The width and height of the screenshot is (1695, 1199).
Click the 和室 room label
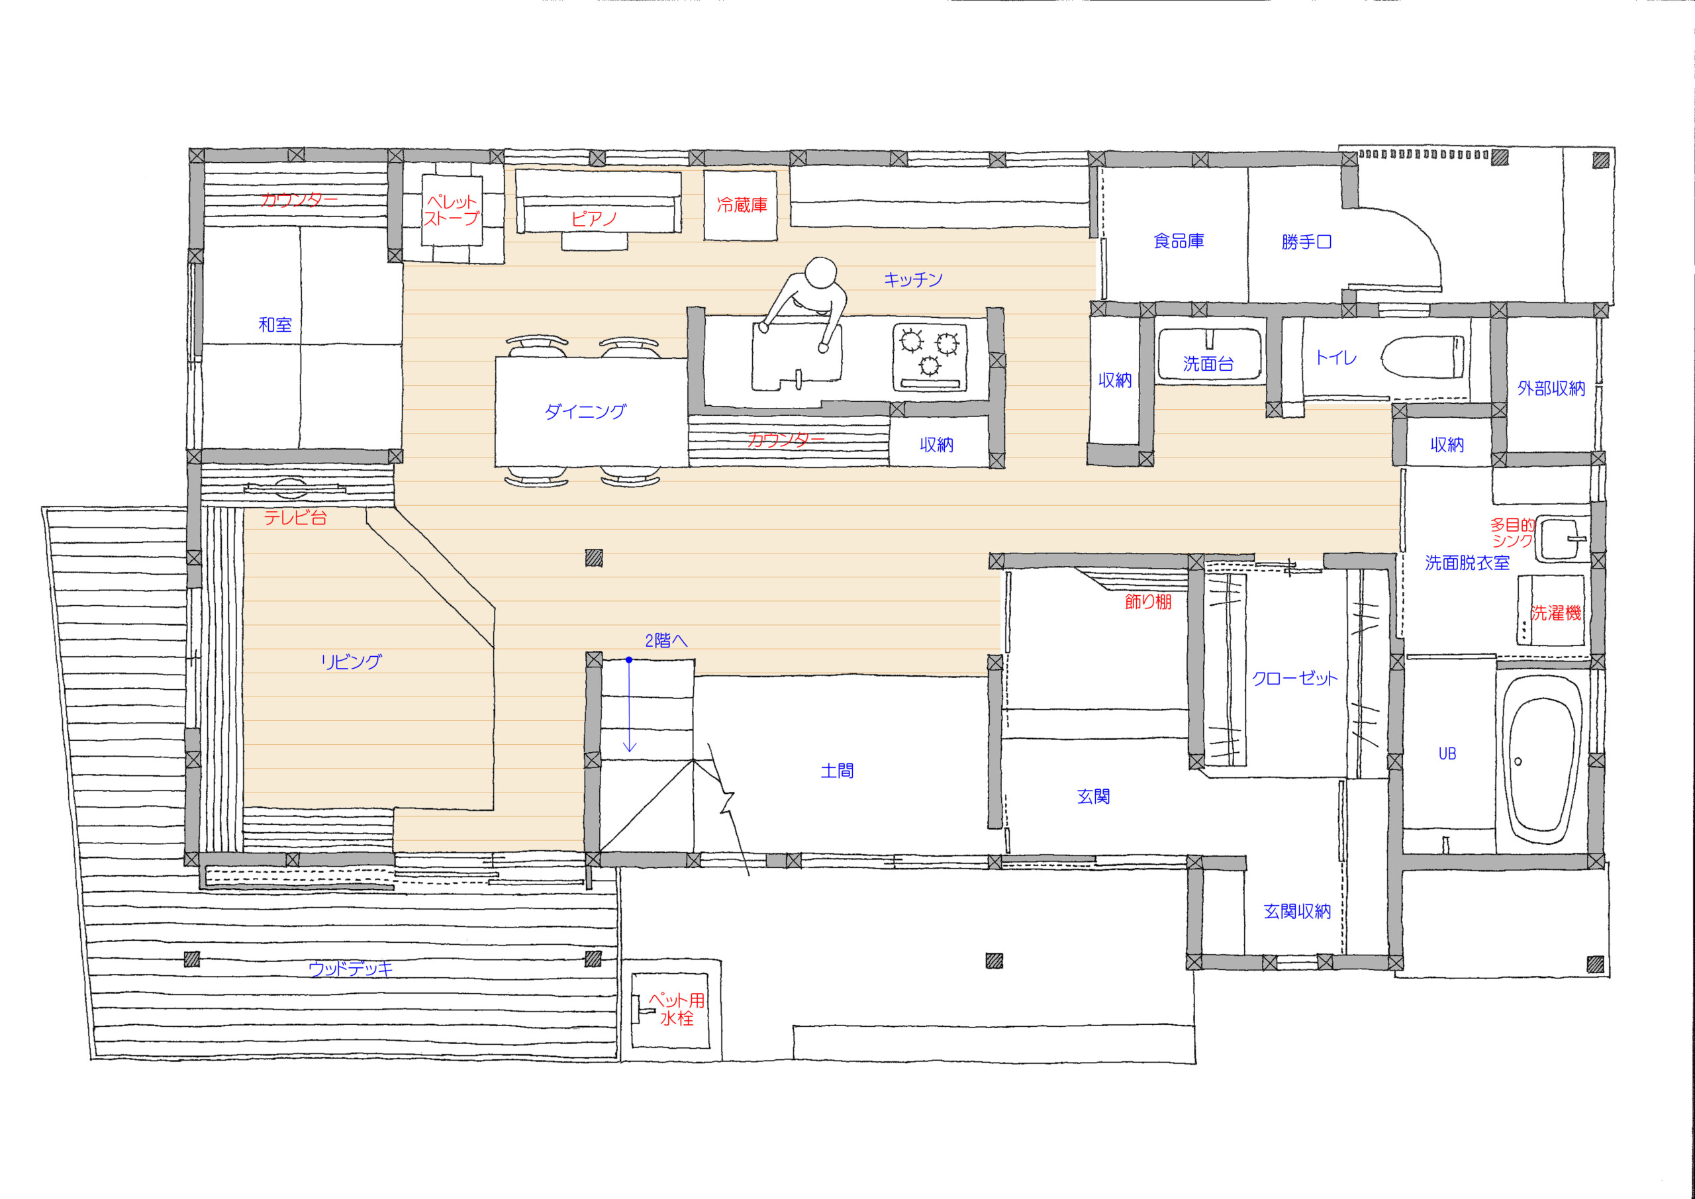coord(275,325)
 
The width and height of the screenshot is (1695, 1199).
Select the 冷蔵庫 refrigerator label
coord(742,205)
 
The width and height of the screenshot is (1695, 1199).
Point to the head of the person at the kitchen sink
coord(820,274)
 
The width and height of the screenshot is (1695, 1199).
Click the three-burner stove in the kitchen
coord(930,357)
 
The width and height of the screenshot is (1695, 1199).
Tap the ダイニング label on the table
coord(585,411)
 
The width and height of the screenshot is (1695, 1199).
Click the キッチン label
coord(913,279)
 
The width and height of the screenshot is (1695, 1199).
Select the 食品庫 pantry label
coord(1179,241)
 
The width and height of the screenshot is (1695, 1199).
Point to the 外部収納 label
coord(1551,389)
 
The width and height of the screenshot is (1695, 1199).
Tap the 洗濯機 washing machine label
coord(1555,613)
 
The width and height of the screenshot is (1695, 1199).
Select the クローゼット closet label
coord(1295,679)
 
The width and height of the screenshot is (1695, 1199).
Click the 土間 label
coord(837,771)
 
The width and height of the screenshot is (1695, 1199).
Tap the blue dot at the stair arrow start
coord(628,659)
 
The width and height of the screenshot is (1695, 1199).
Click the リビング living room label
coord(352,661)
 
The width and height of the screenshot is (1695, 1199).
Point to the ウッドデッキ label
coord(350,969)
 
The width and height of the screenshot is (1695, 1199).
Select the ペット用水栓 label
coord(676,1009)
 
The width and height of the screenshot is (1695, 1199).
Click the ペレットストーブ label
coord(452,211)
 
